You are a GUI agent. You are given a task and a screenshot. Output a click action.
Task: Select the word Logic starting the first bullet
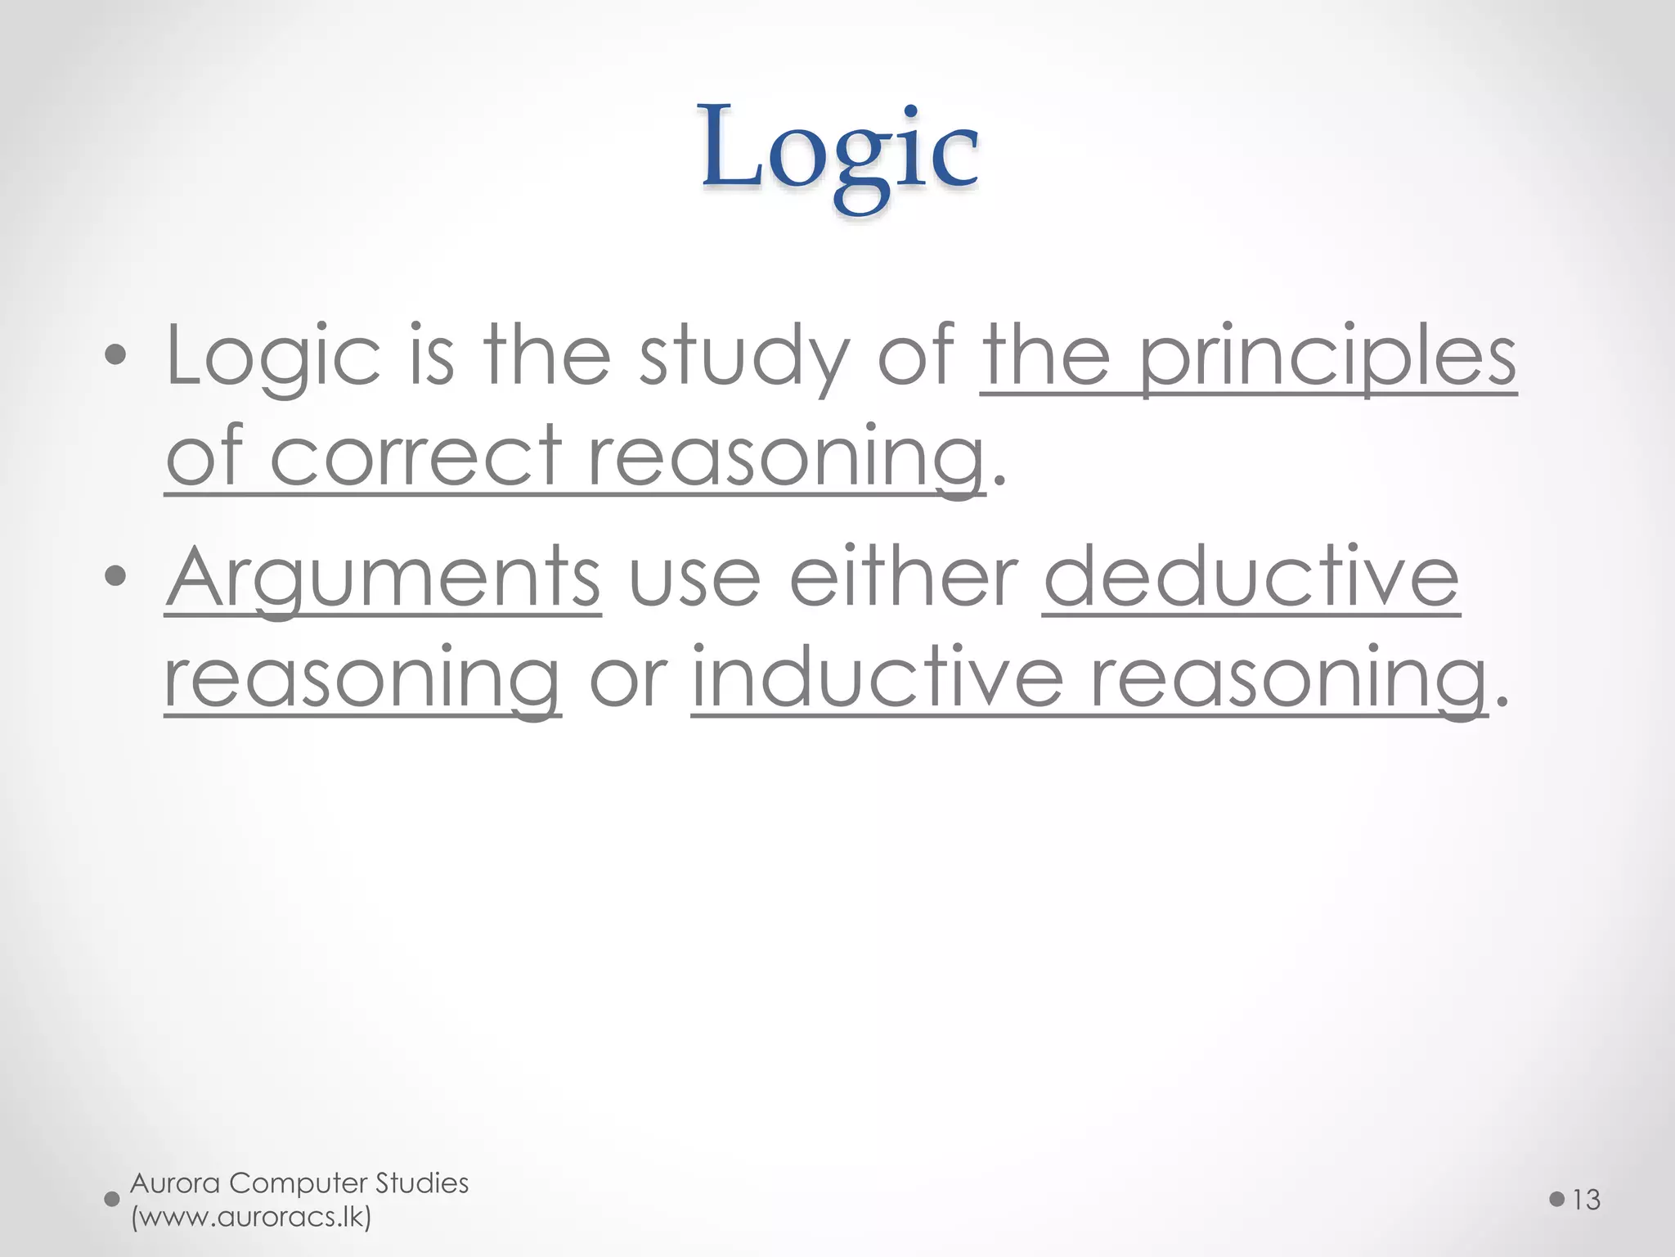click(273, 357)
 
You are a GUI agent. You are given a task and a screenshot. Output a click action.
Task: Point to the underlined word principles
click(1327, 357)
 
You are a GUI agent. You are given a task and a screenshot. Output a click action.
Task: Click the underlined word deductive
click(1251, 578)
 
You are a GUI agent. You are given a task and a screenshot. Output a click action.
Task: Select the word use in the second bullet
click(694, 581)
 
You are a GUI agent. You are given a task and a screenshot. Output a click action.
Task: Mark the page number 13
click(1586, 1200)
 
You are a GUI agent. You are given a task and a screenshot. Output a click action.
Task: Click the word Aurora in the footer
click(175, 1183)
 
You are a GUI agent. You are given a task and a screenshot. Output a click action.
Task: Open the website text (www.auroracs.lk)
click(251, 1217)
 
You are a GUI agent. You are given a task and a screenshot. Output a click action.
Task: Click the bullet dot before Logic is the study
click(116, 355)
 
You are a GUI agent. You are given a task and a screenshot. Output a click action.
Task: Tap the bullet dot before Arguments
click(116, 576)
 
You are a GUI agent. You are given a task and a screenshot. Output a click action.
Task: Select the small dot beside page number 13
click(1556, 1200)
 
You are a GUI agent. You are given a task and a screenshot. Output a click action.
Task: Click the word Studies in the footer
click(422, 1183)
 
